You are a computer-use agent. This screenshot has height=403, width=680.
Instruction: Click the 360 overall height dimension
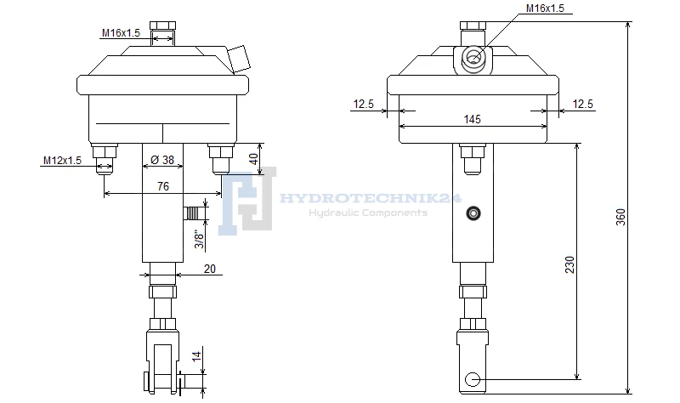pyautogui.click(x=621, y=217)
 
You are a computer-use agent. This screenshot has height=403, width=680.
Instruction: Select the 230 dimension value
pyautogui.click(x=569, y=264)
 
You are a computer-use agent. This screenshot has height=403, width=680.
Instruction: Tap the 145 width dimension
pyautogui.click(x=473, y=119)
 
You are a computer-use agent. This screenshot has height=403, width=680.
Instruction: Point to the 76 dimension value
pyautogui.click(x=163, y=186)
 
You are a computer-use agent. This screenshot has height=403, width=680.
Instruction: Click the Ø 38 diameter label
pyautogui.click(x=162, y=160)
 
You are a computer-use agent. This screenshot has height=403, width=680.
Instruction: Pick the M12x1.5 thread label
pyautogui.click(x=62, y=161)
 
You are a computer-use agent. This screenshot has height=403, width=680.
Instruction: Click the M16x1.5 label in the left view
pyautogui.click(x=121, y=33)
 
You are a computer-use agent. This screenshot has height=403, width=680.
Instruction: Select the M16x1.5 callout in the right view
pyautogui.click(x=545, y=9)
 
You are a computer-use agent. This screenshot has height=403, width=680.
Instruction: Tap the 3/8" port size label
pyautogui.click(x=199, y=239)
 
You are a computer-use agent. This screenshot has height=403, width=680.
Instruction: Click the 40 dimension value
pyautogui.click(x=253, y=159)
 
